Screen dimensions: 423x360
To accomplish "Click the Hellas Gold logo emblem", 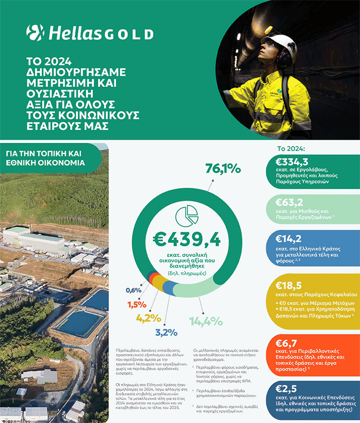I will tap(35, 32).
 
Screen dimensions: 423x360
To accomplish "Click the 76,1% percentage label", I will tap(223, 169).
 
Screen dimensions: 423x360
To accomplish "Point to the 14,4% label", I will tap(205, 321).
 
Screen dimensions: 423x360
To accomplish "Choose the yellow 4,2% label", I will tap(148, 318).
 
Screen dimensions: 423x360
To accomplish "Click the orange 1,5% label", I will tap(136, 304).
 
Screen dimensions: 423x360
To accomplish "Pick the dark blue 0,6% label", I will tap(133, 290).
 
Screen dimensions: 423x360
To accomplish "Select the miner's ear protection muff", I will tap(284, 58).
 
